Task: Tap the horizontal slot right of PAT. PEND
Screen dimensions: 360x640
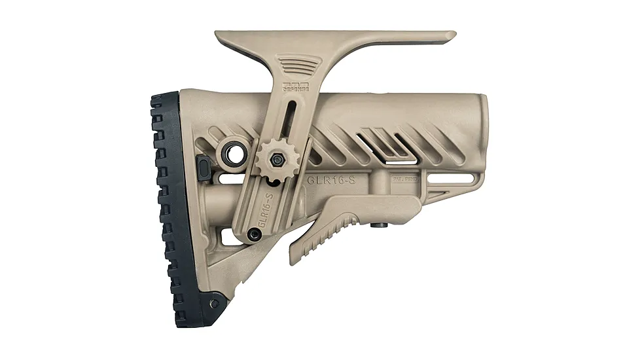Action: tap(442, 176)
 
